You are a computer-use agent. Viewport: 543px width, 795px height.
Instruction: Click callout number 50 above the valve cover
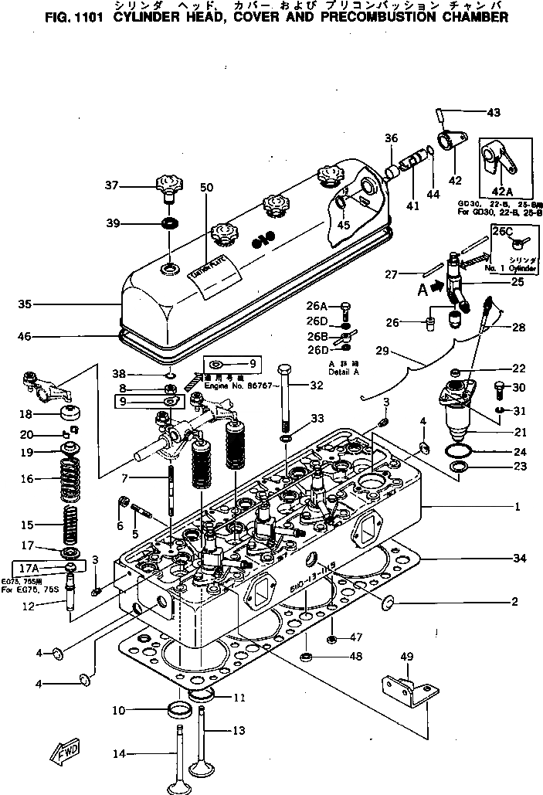coord(205,188)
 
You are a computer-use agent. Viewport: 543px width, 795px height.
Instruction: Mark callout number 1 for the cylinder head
coord(515,508)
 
